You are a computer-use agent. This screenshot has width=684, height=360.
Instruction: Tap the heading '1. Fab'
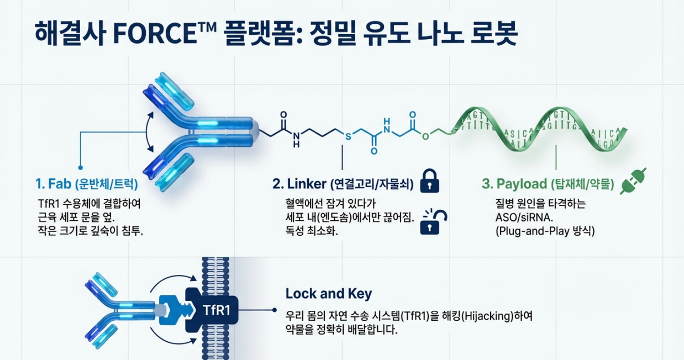tap(54, 183)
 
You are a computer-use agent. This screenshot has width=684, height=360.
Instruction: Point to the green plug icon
tap(633, 181)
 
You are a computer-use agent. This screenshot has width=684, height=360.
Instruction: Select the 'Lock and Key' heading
tap(328, 293)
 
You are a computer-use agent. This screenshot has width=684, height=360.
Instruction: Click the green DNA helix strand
tap(541, 130)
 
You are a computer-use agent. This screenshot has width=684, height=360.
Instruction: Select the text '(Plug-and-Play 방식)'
tap(544, 231)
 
